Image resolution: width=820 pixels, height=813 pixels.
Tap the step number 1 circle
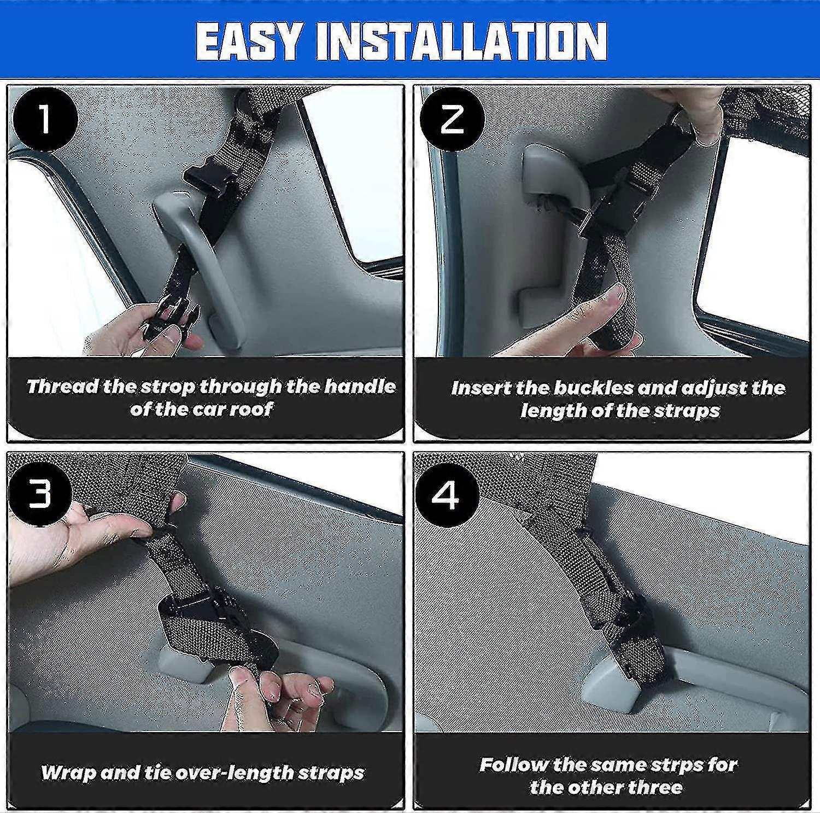(x=44, y=120)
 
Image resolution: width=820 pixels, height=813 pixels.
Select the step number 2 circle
(x=451, y=120)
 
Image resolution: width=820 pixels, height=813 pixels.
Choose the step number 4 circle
(x=447, y=495)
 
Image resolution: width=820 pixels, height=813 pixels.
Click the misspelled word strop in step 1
(x=168, y=387)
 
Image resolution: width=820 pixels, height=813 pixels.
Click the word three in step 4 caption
(x=655, y=787)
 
